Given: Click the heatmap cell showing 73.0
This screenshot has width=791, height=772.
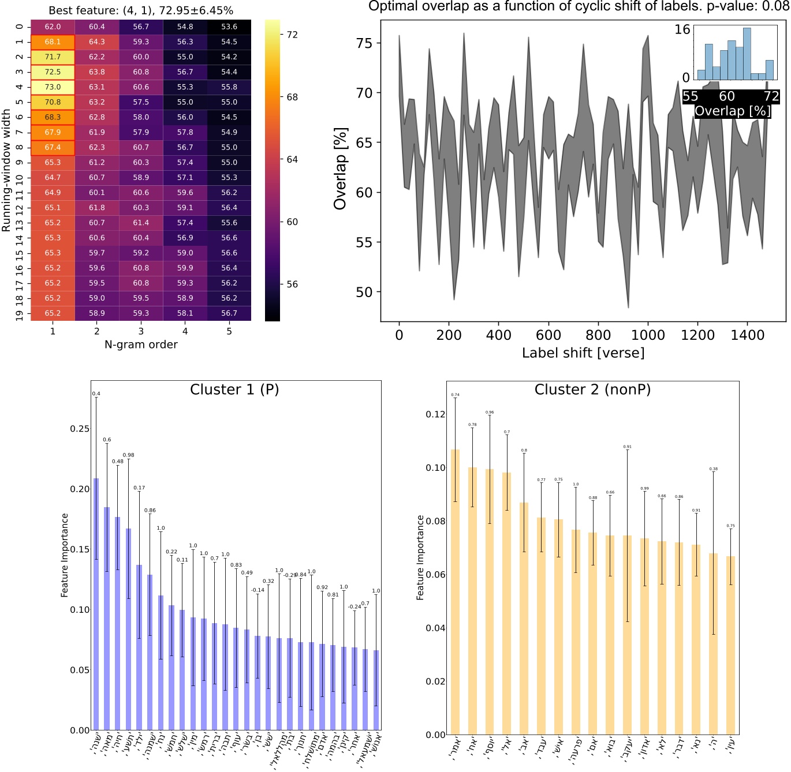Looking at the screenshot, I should pyautogui.click(x=53, y=87).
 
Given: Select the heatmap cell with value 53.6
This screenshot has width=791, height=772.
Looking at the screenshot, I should pyautogui.click(x=229, y=27).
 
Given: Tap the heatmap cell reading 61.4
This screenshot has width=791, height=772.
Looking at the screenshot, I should pyautogui.click(x=141, y=223).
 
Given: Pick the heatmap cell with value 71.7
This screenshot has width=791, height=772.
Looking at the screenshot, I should pyautogui.click(x=53, y=57).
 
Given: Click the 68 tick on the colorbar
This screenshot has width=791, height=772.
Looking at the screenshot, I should pyautogui.click(x=292, y=97).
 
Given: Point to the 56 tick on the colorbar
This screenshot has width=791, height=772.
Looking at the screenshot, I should pyautogui.click(x=292, y=284).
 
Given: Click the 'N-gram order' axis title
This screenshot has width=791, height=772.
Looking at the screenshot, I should pyautogui.click(x=141, y=344).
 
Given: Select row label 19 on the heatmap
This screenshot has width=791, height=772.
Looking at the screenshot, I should pyautogui.click(x=20, y=313).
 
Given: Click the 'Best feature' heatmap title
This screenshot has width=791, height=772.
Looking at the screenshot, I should pyautogui.click(x=141, y=10).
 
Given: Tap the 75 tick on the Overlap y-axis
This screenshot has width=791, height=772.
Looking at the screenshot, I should pyautogui.click(x=364, y=43).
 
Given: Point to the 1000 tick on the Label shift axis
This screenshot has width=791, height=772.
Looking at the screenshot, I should pyautogui.click(x=648, y=335).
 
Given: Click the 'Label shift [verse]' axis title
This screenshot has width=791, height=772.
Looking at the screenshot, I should pyautogui.click(x=583, y=353).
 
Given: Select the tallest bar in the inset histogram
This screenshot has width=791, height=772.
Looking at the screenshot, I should pyautogui.click(x=747, y=54).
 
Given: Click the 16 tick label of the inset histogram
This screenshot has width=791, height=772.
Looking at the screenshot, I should pyautogui.click(x=682, y=29).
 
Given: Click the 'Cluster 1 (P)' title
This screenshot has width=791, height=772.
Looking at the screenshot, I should pyautogui.click(x=234, y=389).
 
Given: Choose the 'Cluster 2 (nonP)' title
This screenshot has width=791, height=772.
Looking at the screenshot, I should pyautogui.click(x=592, y=389).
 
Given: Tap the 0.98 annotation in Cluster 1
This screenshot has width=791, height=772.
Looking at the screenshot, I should pyautogui.click(x=128, y=455).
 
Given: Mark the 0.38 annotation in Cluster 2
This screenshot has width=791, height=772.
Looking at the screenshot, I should pyautogui.click(x=714, y=469).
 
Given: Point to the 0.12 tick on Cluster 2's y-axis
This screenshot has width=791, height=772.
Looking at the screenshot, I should pyautogui.click(x=435, y=414).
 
